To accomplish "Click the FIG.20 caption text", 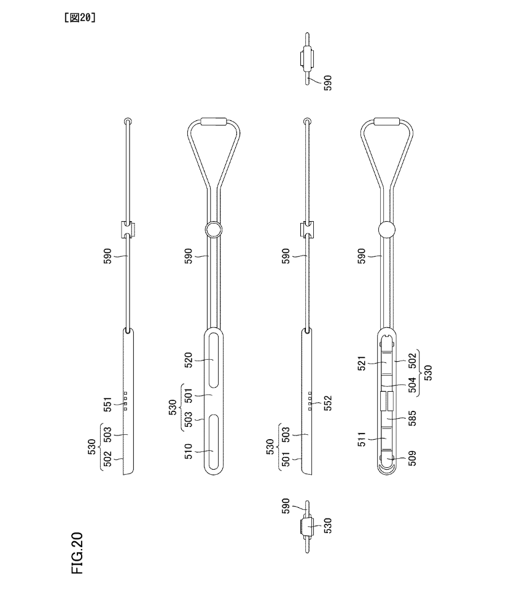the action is point(77,553).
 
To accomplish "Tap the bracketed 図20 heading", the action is point(80,17).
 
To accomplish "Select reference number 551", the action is point(108,405).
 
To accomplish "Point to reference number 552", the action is point(327,403).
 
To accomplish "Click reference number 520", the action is point(189,360).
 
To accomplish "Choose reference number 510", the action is point(189,451).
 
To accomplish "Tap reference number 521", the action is point(362,363).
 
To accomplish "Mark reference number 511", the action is point(362,439).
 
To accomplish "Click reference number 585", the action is point(412,418).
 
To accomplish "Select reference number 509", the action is point(412,458).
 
